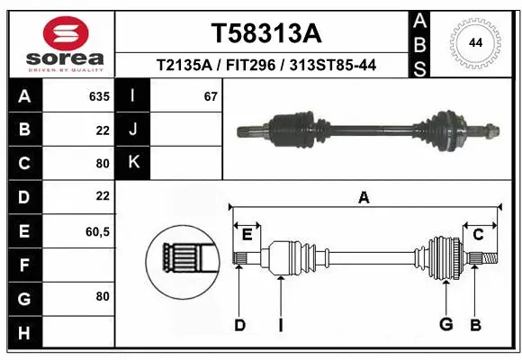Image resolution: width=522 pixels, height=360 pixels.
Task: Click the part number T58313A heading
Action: coord(265,33)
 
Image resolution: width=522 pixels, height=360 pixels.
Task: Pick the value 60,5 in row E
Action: coord(97,231)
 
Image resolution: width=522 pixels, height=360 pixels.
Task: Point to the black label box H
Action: coord(23,333)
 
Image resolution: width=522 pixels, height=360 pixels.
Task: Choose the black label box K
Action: coord(133,162)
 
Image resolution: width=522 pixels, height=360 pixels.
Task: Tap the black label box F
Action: coord(23,265)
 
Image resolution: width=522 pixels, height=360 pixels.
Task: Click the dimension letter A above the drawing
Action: coord(364,197)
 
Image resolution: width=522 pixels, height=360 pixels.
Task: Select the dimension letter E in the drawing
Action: coord(247,235)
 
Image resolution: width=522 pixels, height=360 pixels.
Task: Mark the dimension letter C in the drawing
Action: coord(478,235)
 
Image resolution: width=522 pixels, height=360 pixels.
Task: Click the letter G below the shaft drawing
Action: coord(445,325)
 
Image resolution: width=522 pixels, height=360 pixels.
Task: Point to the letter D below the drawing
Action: coord(239,325)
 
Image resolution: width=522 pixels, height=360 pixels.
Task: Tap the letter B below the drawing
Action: coord(476,325)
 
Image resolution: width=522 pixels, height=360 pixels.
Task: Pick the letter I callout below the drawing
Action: coord(281,325)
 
